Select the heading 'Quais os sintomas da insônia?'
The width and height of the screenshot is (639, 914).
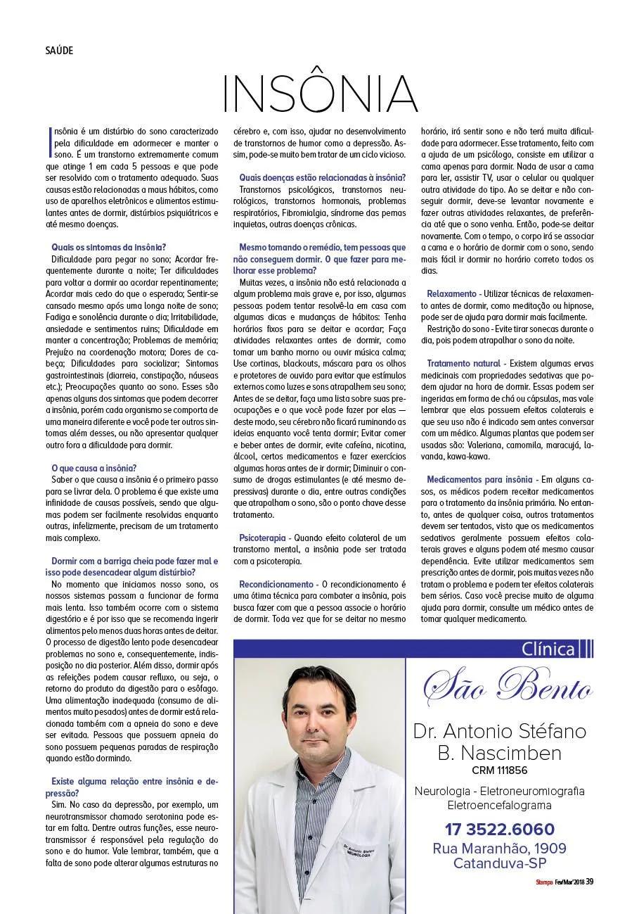109,247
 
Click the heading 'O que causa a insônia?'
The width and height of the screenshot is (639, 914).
94,468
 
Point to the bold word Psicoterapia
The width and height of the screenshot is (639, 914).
262,538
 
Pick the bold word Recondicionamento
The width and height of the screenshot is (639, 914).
276,584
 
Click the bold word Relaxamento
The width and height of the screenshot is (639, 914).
451,293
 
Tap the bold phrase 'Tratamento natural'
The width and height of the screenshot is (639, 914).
463,363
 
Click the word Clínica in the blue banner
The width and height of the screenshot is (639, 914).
548,649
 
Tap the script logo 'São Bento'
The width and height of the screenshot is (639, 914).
507,687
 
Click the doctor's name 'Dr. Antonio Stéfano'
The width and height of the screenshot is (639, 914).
499,731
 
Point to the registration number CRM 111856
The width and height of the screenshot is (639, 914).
499,770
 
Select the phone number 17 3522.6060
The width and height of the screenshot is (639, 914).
499,829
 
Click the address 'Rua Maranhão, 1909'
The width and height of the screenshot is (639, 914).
499,849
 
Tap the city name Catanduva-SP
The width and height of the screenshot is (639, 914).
499,863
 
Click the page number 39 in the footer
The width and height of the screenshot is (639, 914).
590,881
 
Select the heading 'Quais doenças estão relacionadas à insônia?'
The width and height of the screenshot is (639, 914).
322,177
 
